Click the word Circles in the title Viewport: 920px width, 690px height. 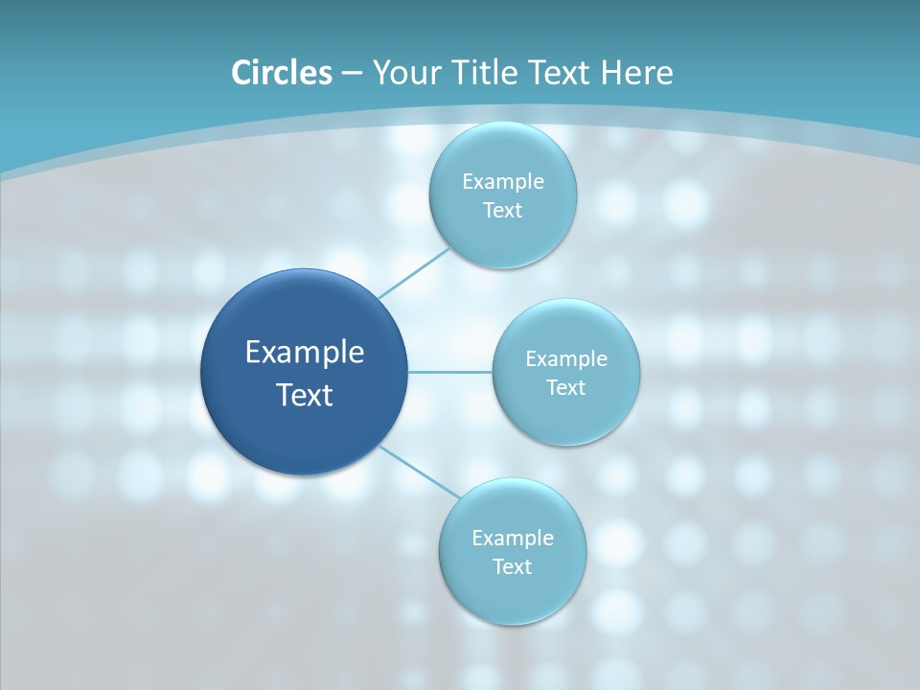coord(281,73)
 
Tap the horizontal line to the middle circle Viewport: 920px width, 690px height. coord(449,372)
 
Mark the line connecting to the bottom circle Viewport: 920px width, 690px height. coord(420,471)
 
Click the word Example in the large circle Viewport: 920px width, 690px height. coord(305,353)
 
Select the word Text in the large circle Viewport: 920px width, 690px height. coord(305,395)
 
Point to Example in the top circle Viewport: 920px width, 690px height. coord(502,181)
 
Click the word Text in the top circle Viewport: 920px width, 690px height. coord(502,210)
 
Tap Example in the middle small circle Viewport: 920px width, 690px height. coord(565,358)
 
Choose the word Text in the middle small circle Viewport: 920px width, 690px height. coord(565,387)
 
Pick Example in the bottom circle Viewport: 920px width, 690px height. coord(512,538)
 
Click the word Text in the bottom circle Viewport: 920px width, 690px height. coord(512,566)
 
